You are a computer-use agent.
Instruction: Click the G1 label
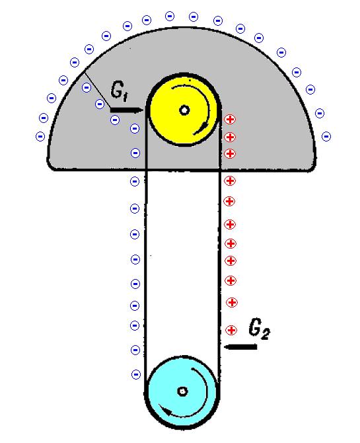point(119,91)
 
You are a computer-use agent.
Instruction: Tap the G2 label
point(259,329)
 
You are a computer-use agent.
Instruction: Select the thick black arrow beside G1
point(127,110)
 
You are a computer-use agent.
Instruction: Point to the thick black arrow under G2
point(240,346)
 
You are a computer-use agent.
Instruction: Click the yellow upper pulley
point(184,110)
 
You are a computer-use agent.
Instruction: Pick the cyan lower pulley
point(183,391)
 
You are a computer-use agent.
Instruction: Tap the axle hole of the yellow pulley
point(184,110)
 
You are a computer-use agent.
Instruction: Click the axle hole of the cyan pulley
point(182,391)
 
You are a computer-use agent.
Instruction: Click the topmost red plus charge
point(230,119)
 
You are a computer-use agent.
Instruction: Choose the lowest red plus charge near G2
point(231,330)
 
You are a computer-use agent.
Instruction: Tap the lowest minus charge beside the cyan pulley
point(136,375)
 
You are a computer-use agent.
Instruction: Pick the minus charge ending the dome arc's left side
point(40,137)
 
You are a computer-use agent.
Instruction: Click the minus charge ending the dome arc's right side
point(326,137)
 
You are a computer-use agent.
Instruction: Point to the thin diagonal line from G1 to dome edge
point(98,89)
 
